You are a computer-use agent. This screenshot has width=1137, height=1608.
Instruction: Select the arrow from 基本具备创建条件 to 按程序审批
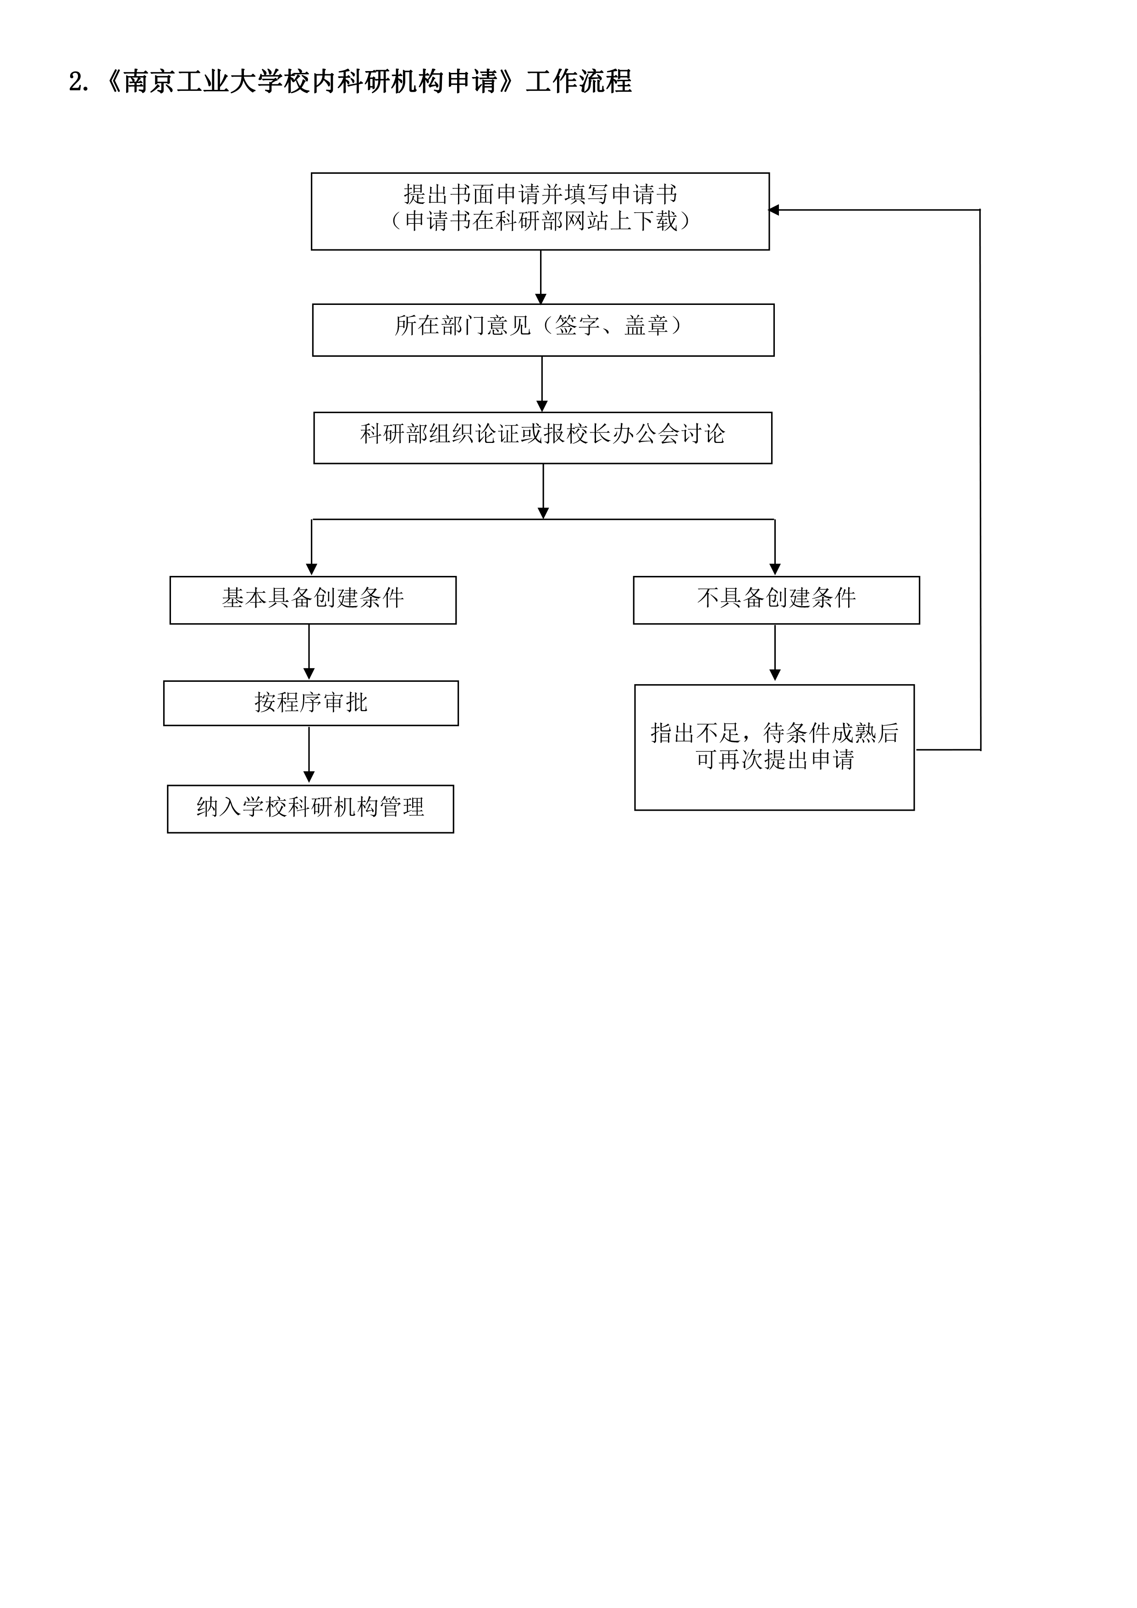(309, 652)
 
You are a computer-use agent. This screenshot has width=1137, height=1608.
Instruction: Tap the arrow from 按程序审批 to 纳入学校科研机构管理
(309, 755)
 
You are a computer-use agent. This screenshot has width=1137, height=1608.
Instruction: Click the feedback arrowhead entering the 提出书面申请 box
(773, 210)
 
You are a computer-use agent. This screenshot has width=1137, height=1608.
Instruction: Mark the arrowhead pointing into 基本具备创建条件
(312, 569)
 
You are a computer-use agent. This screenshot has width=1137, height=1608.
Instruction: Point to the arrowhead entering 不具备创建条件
(774, 569)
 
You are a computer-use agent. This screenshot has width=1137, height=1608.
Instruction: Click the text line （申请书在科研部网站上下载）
(540, 221)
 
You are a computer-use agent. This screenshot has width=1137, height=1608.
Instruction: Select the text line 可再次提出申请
(774, 760)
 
